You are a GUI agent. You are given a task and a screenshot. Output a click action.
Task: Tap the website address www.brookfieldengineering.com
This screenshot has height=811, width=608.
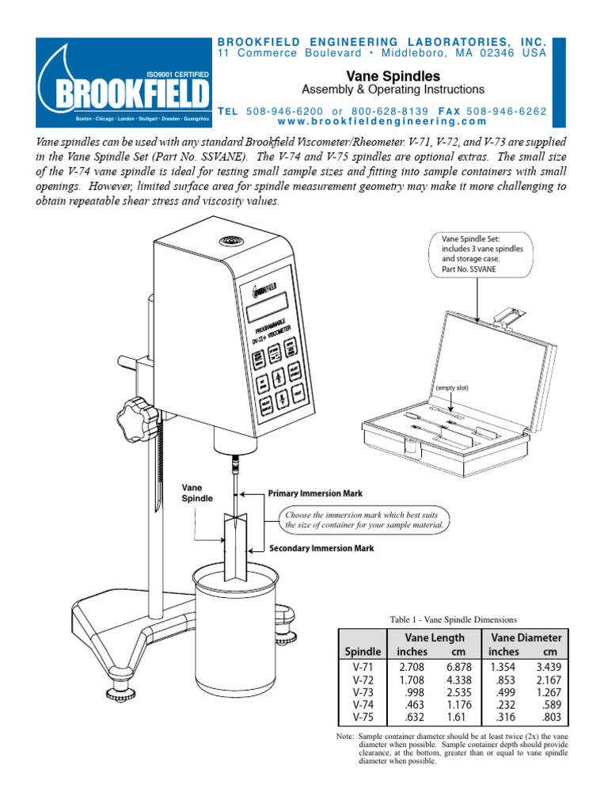click(382, 121)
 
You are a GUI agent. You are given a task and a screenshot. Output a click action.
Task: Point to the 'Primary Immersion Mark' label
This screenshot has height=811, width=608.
click(315, 493)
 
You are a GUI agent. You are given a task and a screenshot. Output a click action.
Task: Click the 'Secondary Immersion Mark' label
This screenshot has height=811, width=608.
click(321, 548)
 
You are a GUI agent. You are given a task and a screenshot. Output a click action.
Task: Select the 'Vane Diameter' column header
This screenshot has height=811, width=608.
click(526, 637)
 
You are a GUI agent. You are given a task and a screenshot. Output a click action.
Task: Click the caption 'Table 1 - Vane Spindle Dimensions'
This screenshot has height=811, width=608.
click(452, 619)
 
